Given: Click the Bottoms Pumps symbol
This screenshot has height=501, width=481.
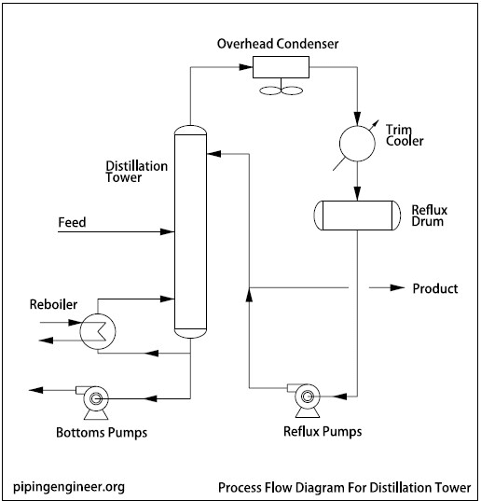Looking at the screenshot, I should tap(95, 399).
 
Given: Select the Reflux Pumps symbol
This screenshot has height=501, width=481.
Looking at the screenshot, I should tap(306, 397).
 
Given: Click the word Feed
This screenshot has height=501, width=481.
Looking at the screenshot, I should tap(73, 223).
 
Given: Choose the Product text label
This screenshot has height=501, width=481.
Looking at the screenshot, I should tap(435, 288).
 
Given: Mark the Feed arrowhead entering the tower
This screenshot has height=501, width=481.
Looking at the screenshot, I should tap(169, 231).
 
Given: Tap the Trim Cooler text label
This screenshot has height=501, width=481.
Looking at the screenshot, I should tap(405, 134).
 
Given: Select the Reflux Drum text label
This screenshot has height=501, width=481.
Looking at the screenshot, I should tap(430, 216).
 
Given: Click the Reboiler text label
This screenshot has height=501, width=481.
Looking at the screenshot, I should tap(53, 305).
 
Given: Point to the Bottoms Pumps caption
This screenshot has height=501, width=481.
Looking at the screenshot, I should tap(102, 433).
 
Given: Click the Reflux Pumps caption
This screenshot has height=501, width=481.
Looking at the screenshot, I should tap(322, 431).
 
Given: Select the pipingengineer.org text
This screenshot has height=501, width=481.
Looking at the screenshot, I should tap(70, 486).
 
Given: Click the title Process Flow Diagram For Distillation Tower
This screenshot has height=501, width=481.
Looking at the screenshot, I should tap(344, 487).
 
